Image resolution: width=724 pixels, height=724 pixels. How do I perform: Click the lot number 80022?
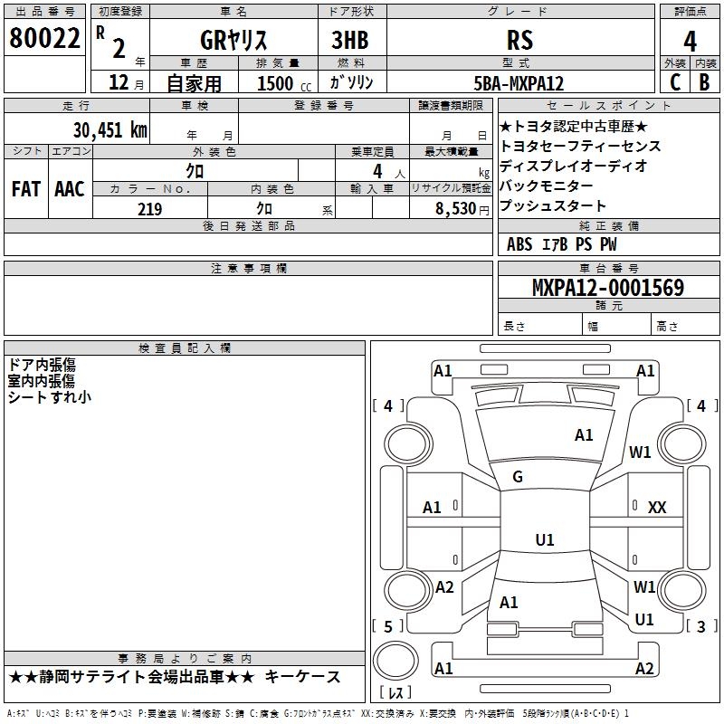coord(44,37)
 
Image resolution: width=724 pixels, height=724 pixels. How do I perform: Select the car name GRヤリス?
coord(233,40)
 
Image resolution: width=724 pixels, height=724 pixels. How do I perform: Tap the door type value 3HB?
coord(350,40)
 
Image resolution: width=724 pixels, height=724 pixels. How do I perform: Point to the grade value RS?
coord(519,40)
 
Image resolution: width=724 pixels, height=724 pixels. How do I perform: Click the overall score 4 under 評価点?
coord(690,41)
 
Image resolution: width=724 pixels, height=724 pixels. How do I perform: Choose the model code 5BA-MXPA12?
coord(519,83)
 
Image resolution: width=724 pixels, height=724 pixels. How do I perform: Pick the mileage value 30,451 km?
coord(110,129)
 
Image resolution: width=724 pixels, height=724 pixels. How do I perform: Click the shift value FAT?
coord(26,189)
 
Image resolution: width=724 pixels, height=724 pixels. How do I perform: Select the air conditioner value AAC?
coord(70,189)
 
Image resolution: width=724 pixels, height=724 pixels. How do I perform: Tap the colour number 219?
coord(149,209)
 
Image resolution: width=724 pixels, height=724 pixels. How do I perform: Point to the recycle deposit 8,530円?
coord(462,209)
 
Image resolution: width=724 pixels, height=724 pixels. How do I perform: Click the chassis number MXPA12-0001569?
coord(608,287)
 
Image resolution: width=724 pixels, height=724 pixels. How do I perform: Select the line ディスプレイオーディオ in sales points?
coord(573,166)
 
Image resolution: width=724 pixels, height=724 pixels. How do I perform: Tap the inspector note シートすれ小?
coord(50,397)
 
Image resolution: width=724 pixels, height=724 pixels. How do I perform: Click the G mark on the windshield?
coord(518,476)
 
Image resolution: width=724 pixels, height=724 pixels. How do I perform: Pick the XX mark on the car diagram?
coord(657,508)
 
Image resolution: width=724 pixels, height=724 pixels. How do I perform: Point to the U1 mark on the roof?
coord(545,539)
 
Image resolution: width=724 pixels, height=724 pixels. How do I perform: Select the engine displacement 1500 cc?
coord(284,83)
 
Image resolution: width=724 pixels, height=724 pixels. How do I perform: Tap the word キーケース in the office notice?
coord(302,677)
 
